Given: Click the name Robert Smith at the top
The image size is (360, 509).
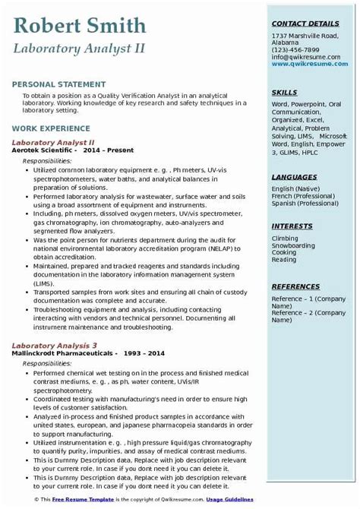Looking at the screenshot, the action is point(80,27).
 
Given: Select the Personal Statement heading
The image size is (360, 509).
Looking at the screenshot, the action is point(59,84).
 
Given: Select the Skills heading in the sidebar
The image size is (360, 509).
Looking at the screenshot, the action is point(284,91).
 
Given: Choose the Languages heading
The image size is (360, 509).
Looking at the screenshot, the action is point(294,177).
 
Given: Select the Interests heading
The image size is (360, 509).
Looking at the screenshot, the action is point(292,226).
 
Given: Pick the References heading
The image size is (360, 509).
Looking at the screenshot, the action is point(295,286).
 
